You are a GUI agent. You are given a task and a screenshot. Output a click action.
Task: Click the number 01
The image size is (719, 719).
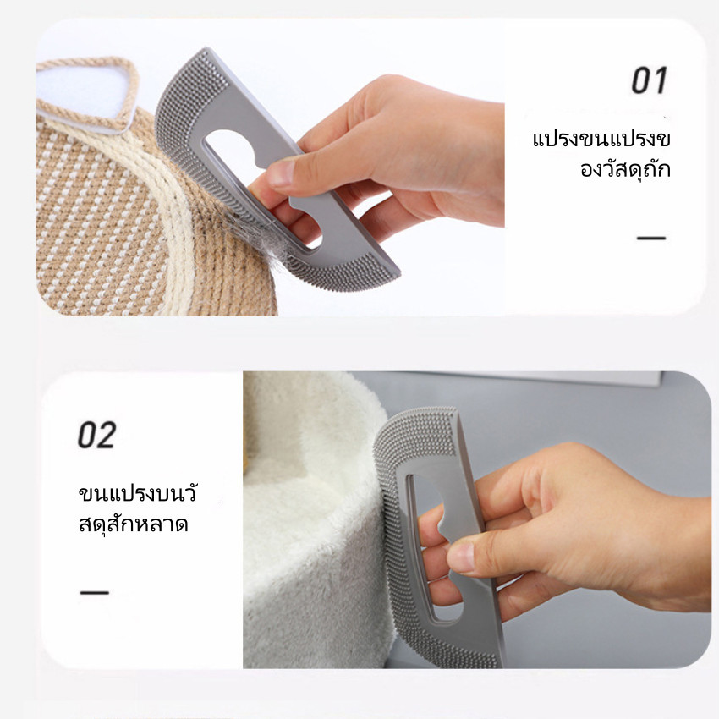click(x=649, y=80)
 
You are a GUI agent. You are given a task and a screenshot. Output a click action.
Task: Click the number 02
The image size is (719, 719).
click(x=96, y=435)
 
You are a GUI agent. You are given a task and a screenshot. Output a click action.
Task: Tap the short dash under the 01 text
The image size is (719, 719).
click(x=651, y=238)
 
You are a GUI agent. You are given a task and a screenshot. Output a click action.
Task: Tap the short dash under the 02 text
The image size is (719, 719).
click(x=95, y=592)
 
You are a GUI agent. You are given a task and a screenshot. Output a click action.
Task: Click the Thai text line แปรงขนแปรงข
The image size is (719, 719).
click(x=601, y=139)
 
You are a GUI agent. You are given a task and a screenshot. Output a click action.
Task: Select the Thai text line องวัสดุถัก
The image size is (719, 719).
click(x=625, y=168)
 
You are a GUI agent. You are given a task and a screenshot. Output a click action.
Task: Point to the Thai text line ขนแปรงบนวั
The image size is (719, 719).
click(x=138, y=493)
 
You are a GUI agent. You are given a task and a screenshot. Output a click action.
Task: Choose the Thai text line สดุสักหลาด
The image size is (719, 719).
click(x=134, y=524)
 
